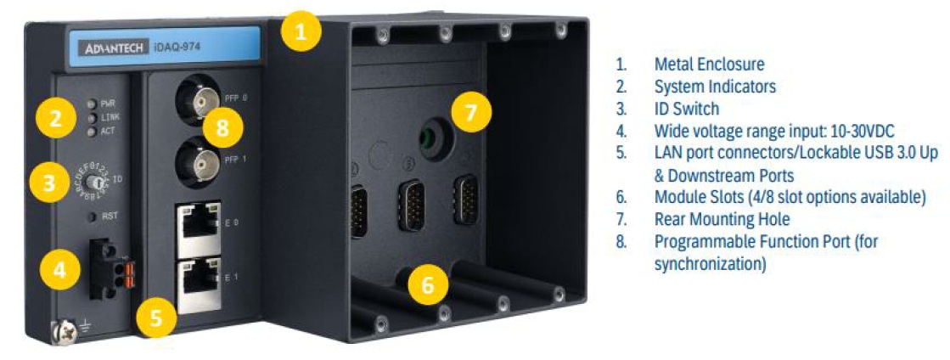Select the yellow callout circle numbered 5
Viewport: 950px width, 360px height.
coord(156,318)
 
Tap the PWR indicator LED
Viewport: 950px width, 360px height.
coord(92,104)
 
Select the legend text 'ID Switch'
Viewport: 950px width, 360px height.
coord(687,109)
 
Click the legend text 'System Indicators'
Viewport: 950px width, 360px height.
coord(715,87)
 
